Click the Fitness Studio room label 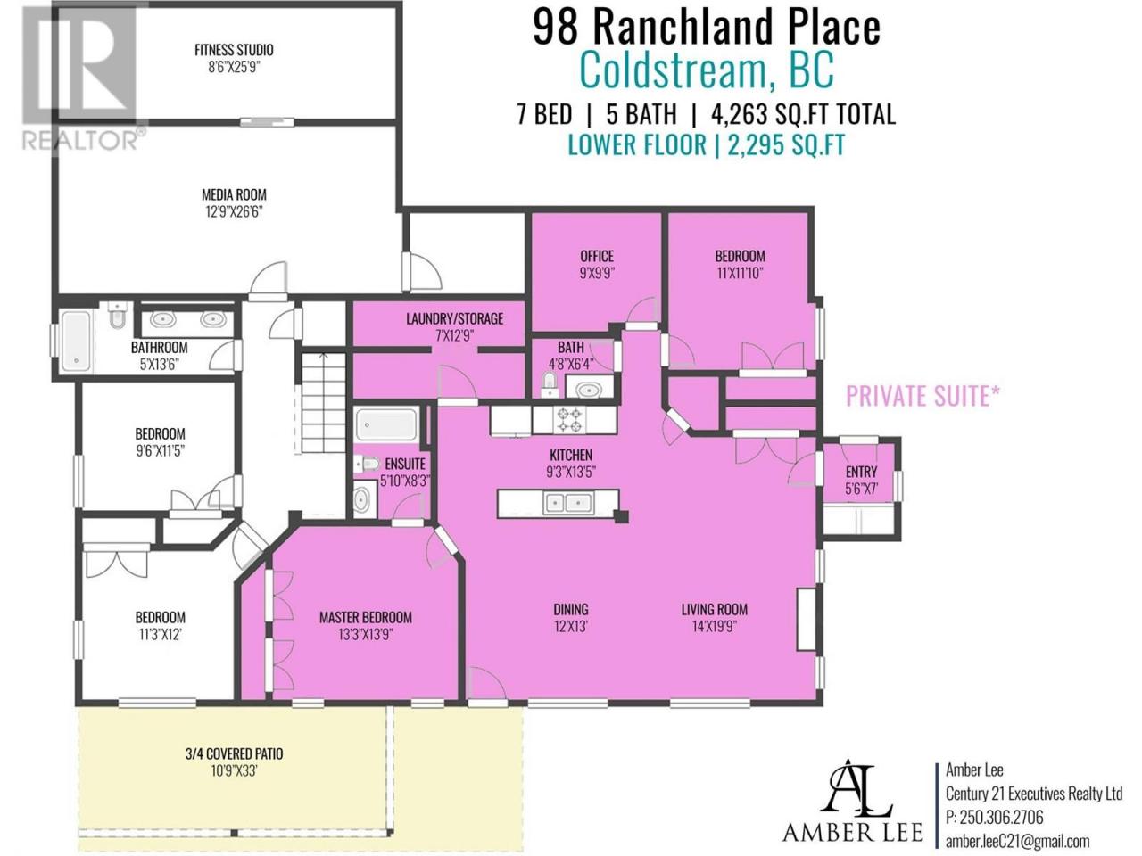coord(234,50)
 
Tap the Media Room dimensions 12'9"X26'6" coord(234,212)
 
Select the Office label coord(597,256)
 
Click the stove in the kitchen coord(568,421)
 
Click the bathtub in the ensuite coord(387,424)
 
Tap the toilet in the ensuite coord(368,464)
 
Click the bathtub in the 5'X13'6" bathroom coord(77,341)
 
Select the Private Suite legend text coord(923,396)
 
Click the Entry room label coord(862,472)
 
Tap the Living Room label coord(715,610)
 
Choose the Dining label coord(571,610)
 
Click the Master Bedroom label coord(365,617)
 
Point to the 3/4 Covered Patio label coord(234,753)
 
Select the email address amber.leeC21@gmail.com coord(1018,842)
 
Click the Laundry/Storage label coord(455,318)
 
